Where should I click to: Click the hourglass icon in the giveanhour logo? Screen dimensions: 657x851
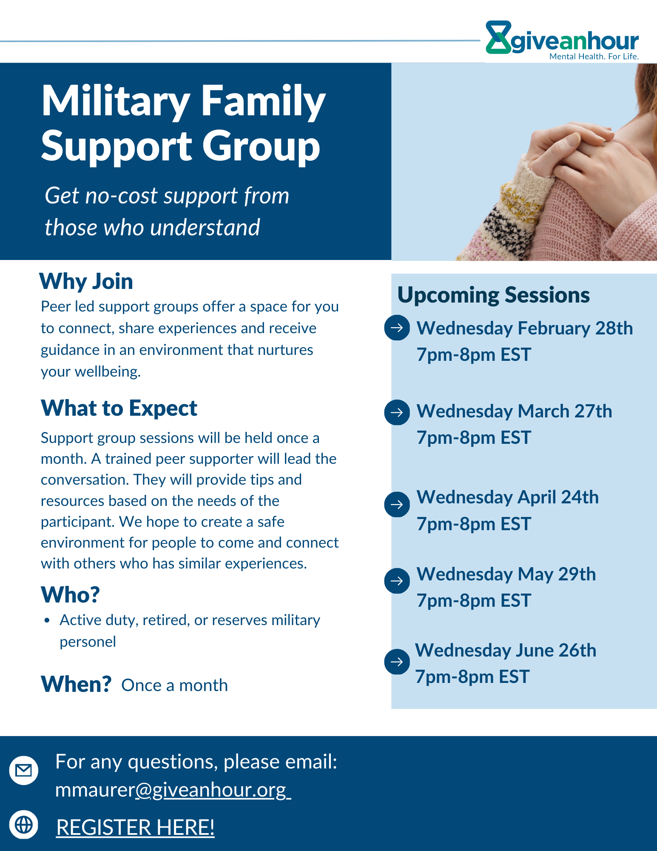click(498, 37)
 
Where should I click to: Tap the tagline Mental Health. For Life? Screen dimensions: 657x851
click(594, 56)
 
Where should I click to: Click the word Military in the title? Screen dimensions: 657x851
click(116, 102)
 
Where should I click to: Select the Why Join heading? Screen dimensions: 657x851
click(86, 281)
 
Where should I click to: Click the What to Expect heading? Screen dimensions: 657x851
click(119, 408)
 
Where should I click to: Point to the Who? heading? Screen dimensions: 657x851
click(70, 594)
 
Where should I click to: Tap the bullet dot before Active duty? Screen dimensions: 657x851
click(47, 621)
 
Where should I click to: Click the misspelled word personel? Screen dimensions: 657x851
click(88, 642)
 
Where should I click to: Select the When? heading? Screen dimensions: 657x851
click(76, 684)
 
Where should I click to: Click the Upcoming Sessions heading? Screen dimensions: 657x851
click(493, 295)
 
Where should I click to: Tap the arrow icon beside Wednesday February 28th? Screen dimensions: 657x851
click(397, 328)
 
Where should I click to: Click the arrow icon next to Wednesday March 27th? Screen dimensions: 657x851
click(397, 412)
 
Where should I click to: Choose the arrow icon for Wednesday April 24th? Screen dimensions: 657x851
click(397, 504)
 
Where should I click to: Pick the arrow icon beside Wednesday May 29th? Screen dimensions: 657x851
click(397, 581)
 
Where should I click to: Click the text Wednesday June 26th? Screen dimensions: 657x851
click(506, 650)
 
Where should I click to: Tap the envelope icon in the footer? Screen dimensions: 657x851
click(24, 770)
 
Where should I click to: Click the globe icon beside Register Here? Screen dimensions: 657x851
click(24, 825)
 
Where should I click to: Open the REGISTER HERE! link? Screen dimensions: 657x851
click(135, 827)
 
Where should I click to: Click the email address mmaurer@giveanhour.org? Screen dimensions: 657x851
click(173, 790)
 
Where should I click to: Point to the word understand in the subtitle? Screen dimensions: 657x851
click(205, 227)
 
